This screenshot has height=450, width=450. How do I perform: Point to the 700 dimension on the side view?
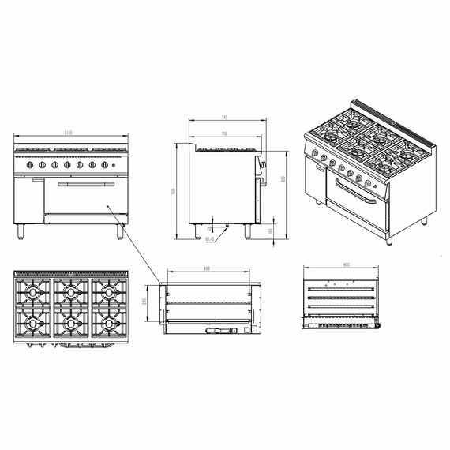(225, 133)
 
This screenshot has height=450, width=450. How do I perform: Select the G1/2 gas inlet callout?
(210, 238)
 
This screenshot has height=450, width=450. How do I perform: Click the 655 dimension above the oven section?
(206, 269)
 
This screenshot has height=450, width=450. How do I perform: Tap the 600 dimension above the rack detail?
(346, 264)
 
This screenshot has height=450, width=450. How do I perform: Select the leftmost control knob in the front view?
(30, 165)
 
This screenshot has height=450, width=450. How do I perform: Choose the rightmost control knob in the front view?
(104, 165)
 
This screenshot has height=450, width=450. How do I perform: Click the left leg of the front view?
(21, 230)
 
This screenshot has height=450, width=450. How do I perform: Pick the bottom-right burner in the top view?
(108, 324)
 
